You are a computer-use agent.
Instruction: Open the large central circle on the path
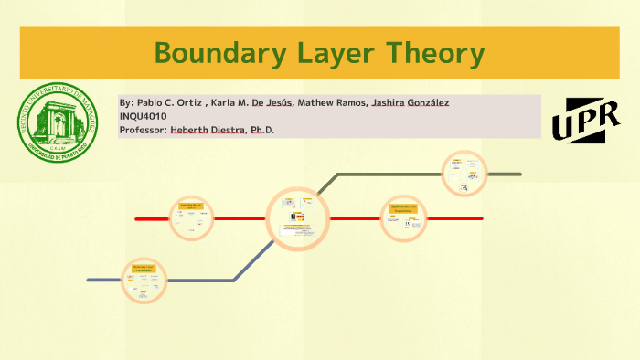click(297, 217)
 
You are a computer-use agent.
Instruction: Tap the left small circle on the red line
click(192, 218)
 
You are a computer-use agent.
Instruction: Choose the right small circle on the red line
click(403, 218)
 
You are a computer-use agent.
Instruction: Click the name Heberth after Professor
click(190, 130)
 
